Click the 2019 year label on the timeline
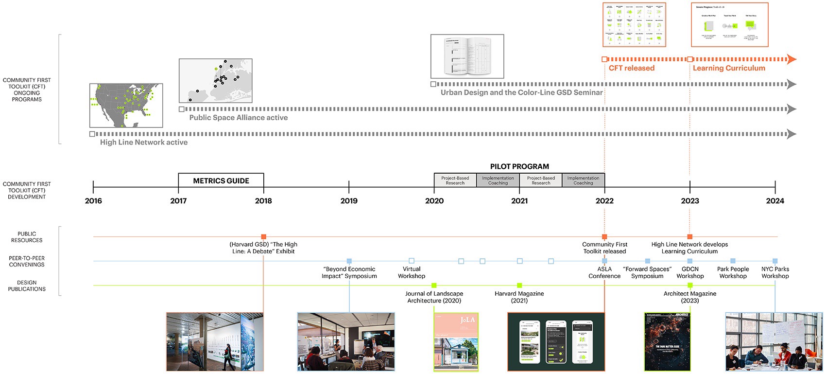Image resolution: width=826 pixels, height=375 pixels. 349,201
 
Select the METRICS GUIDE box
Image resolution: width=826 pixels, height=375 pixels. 221,180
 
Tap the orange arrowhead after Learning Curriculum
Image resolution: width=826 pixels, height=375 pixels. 792,59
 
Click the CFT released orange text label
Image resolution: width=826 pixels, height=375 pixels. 632,68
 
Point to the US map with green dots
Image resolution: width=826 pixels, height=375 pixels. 126,106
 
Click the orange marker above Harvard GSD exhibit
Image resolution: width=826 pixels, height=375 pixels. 263,237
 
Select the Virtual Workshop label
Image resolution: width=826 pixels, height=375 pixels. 412,272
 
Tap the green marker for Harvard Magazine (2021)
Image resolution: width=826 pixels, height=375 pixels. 519,286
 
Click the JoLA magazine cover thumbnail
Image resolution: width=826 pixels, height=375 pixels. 456,342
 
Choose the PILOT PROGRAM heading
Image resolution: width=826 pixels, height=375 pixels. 519,166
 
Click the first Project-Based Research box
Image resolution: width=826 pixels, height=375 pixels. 455,180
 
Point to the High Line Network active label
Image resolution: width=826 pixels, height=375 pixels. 144,143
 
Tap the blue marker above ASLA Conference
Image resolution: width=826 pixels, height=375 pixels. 604,261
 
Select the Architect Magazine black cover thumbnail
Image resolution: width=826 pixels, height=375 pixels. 667,342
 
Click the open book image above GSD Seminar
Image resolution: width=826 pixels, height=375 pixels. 467,56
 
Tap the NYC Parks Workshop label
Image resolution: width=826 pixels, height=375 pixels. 775,272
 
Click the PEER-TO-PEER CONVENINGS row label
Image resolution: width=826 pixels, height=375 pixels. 27,261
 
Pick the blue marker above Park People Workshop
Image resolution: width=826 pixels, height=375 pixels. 733,261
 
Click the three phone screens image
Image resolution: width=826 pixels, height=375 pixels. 556,342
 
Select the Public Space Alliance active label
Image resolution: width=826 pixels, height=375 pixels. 239,118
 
